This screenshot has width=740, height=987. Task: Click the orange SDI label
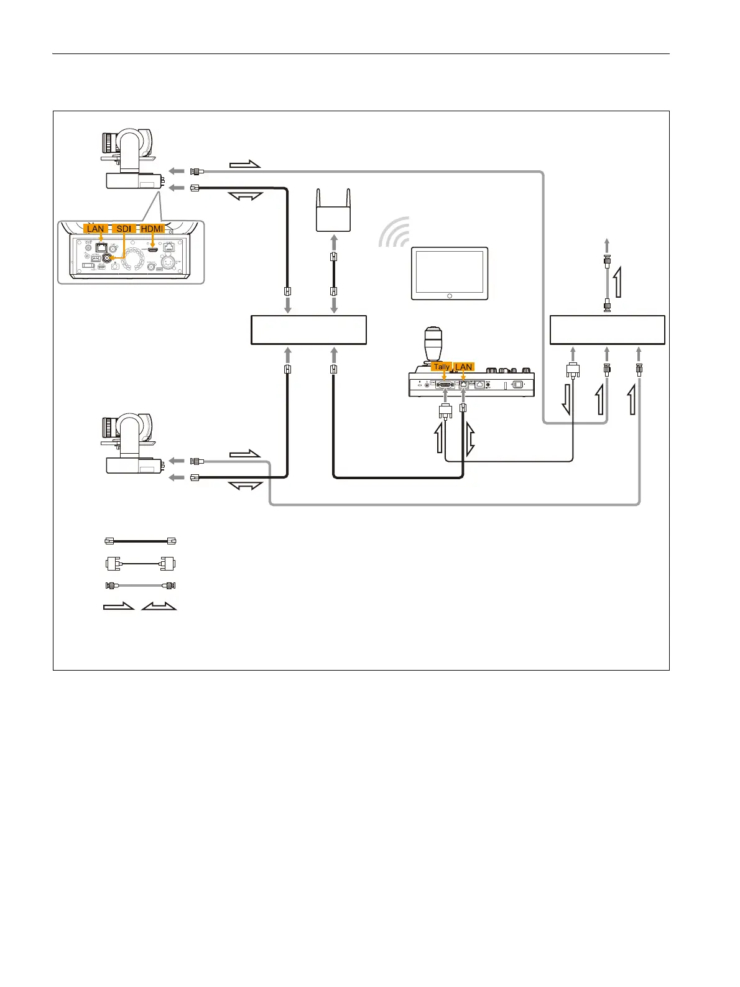124,229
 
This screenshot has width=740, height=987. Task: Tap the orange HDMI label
152,229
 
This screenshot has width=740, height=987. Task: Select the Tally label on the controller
442,367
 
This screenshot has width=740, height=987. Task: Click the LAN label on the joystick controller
464,367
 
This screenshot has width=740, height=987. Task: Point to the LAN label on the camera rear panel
96,229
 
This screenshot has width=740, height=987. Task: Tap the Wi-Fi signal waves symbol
395,232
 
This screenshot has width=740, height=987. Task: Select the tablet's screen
450,271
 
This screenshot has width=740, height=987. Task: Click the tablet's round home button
450,296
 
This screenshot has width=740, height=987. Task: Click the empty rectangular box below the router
308,330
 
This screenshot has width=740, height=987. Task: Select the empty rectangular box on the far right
608,330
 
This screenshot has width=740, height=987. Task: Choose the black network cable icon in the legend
141,541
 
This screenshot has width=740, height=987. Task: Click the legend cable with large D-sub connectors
141,564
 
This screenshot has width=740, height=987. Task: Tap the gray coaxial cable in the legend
141,585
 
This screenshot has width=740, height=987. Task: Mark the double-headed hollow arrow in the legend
159,606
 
